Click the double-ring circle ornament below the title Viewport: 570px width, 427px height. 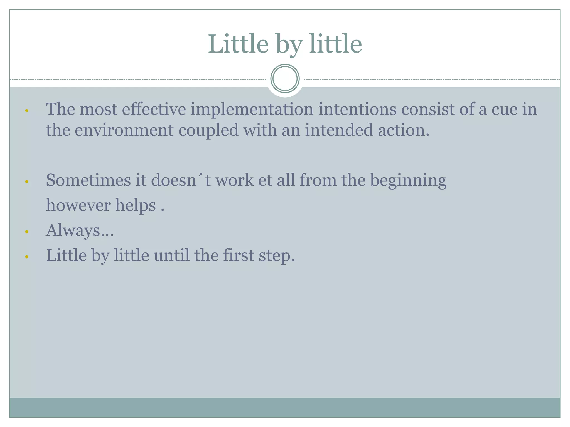tap(285, 79)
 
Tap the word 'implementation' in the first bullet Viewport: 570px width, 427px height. tap(252, 109)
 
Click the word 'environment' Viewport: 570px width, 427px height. tap(124, 130)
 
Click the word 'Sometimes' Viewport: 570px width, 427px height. tap(88, 180)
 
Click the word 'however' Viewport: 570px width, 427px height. tap(78, 205)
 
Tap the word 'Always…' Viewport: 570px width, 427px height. tap(80, 230)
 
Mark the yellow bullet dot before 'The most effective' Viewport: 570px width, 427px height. tap(27, 111)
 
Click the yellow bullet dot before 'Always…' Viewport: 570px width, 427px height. tap(27, 232)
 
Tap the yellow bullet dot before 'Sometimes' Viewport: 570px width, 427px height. tap(27, 182)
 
